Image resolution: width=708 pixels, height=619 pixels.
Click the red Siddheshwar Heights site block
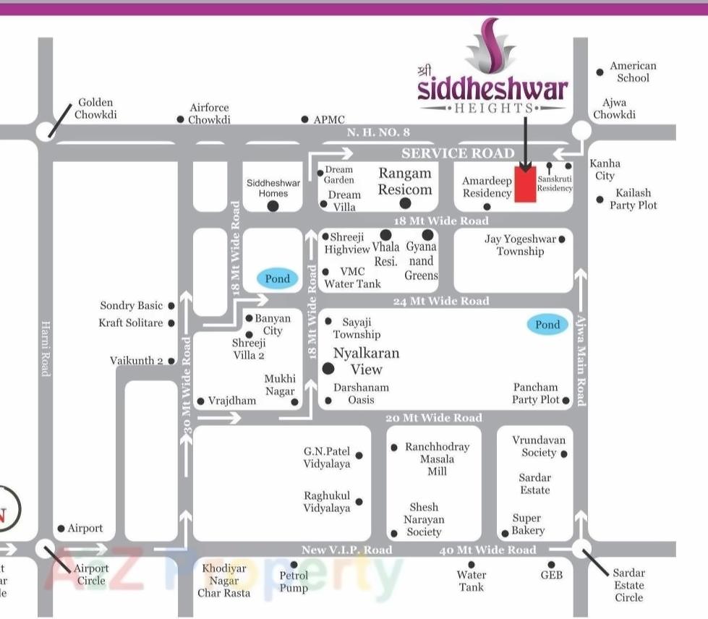pyautogui.click(x=525, y=186)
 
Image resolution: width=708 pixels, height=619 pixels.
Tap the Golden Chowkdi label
pyautogui.click(x=95, y=108)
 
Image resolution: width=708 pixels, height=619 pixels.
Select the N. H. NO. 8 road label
pyautogui.click(x=378, y=132)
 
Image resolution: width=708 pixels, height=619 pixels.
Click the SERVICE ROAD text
pyautogui.click(x=458, y=153)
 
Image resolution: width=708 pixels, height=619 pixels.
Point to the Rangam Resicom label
pyautogui.click(x=405, y=182)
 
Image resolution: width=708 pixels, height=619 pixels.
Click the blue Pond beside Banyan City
pyautogui.click(x=277, y=278)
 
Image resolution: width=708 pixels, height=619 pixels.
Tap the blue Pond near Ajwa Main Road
pyautogui.click(x=547, y=325)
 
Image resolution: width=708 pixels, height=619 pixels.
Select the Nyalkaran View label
pyautogui.click(x=366, y=361)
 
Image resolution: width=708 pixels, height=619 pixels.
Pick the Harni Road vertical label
pyautogui.click(x=46, y=348)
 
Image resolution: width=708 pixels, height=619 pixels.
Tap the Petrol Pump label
pyautogui.click(x=294, y=581)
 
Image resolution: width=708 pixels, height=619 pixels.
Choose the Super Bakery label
pyautogui.click(x=527, y=524)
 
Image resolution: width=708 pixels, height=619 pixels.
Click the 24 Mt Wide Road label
pyautogui.click(x=441, y=301)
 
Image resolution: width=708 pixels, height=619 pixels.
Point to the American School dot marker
pyautogui.click(x=600, y=72)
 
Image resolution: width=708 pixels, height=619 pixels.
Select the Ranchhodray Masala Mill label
pyautogui.click(x=437, y=458)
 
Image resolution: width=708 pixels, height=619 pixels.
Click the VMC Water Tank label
pyautogui.click(x=352, y=278)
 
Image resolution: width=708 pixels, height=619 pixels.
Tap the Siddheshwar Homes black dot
pyautogui.click(x=273, y=206)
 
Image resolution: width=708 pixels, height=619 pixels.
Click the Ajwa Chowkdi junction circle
pyautogui.click(x=581, y=131)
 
